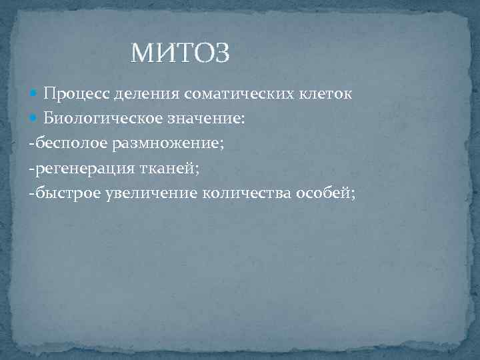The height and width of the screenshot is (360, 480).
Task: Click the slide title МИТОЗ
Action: tap(181, 53)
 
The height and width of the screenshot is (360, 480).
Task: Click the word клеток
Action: tap(324, 94)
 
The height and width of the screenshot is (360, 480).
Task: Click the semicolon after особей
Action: tap(353, 195)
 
